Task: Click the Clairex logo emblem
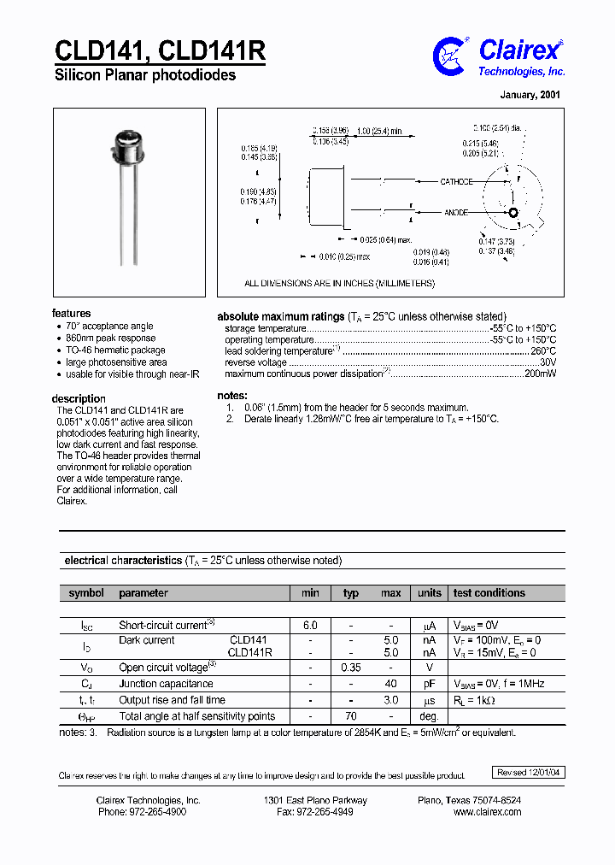[x=450, y=55]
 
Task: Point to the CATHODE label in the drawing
[x=455, y=182]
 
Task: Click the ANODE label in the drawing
[x=456, y=212]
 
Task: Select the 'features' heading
[x=71, y=314]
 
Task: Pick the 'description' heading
[x=79, y=399]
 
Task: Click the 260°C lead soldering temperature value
[x=543, y=350]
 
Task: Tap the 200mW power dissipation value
[x=540, y=374]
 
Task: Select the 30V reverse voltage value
[x=548, y=362]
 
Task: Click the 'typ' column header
[x=351, y=593]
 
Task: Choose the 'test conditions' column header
[x=489, y=593]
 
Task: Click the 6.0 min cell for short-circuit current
[x=310, y=626]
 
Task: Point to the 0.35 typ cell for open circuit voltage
[x=350, y=668]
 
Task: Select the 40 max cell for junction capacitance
[x=391, y=684]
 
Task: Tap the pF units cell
[x=429, y=684]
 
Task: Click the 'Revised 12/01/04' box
[x=530, y=773]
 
